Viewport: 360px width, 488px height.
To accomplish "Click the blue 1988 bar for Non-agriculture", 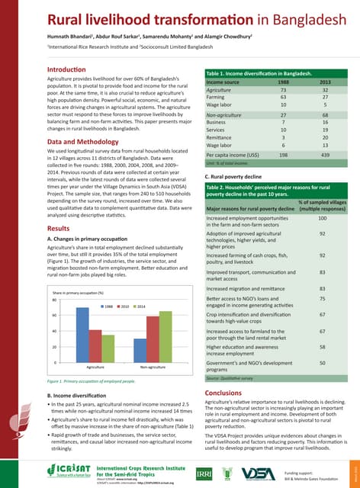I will pyautogui.click(x=140, y=350).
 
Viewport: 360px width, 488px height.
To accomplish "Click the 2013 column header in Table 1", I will pyautogui.click(x=325, y=81).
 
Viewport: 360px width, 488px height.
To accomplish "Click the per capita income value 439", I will pyautogui.click(x=325, y=154).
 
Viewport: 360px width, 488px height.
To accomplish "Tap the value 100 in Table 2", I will pyautogui.click(x=322, y=197).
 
